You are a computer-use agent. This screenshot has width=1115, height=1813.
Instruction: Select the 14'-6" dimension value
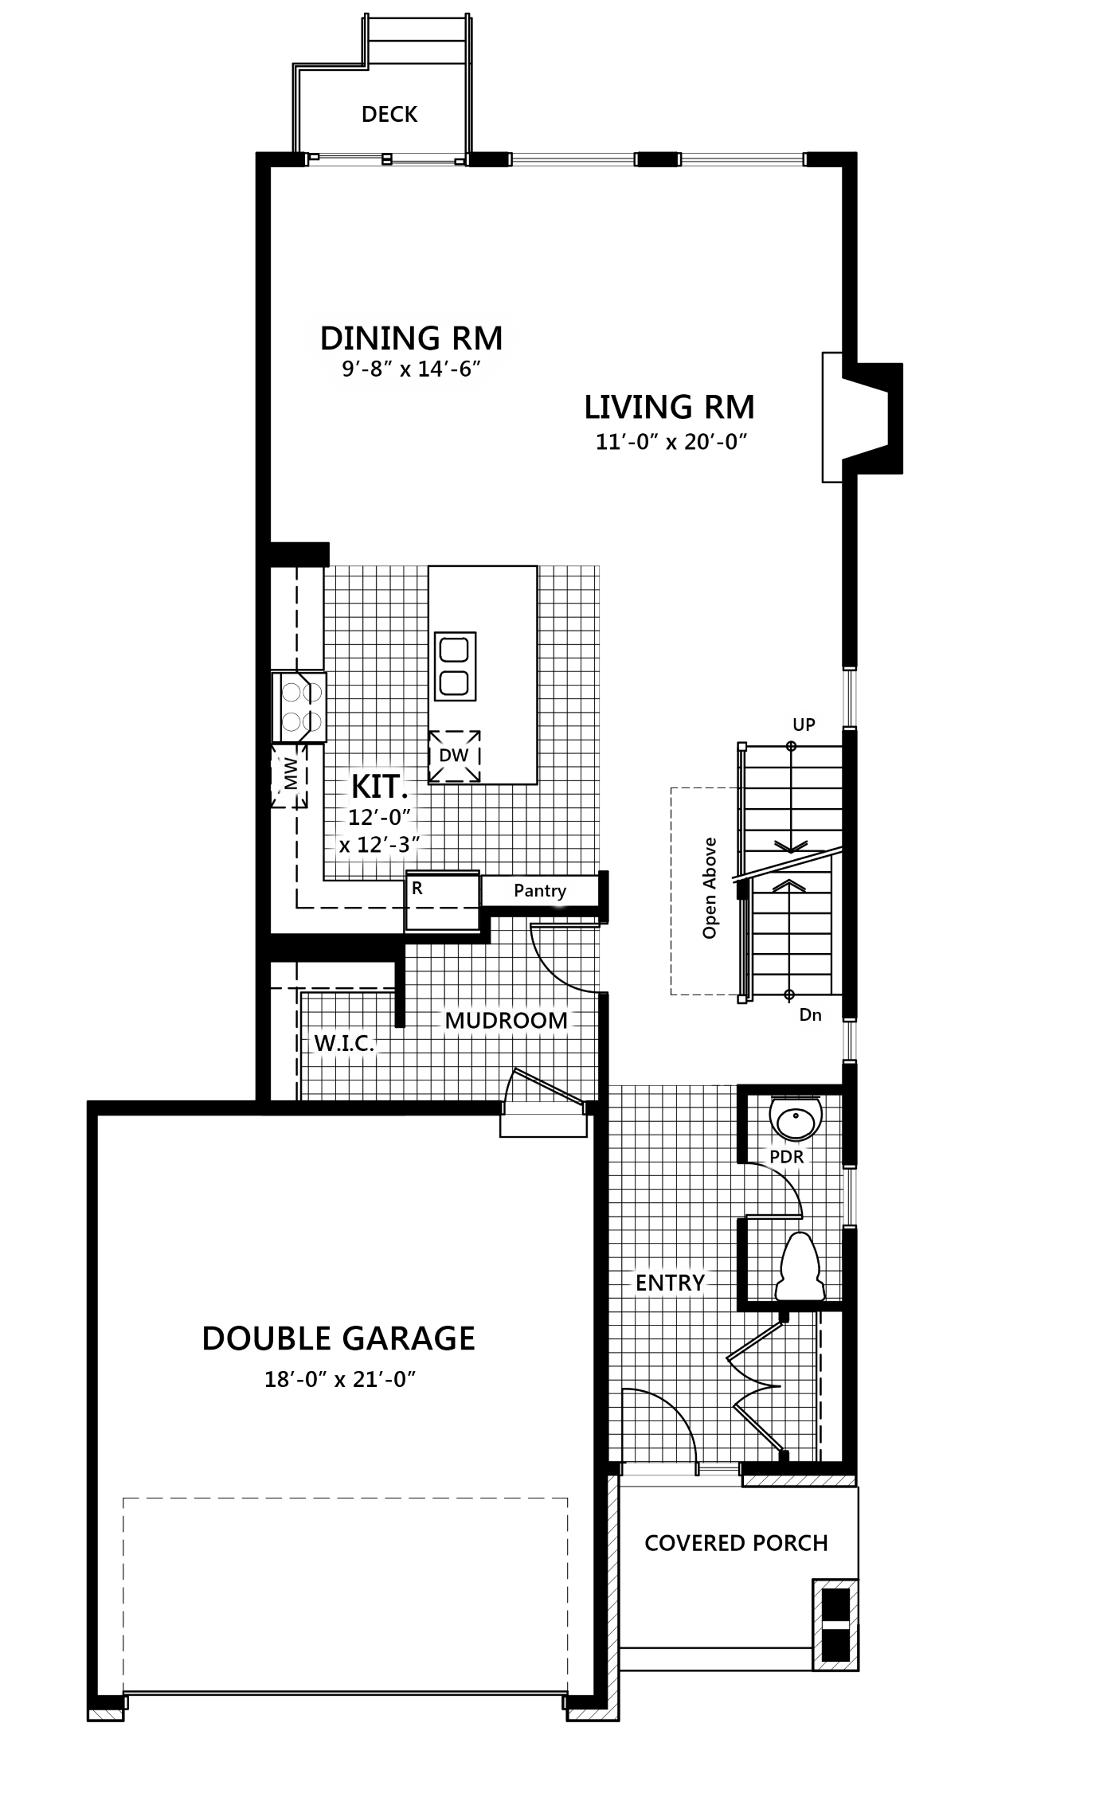click(x=449, y=369)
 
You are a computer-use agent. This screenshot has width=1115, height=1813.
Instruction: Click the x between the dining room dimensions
click(x=405, y=371)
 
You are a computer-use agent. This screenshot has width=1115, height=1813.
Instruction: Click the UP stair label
click(x=804, y=725)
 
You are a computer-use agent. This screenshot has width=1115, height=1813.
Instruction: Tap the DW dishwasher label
click(x=454, y=755)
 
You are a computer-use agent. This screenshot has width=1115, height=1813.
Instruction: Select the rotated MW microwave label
click(x=291, y=773)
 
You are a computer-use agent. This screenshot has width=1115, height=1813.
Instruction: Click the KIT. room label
click(x=379, y=787)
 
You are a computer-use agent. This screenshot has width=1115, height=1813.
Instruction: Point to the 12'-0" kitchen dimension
click(x=378, y=818)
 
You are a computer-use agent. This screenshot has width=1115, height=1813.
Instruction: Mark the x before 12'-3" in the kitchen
click(x=345, y=846)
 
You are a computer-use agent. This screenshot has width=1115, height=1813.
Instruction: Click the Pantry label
click(x=539, y=890)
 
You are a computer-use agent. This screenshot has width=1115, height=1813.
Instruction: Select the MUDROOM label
click(x=506, y=1020)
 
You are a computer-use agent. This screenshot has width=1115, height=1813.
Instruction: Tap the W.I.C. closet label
click(x=344, y=1043)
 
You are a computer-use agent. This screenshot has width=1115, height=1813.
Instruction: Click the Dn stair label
click(x=810, y=1014)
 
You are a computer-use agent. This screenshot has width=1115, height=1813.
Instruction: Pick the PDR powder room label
click(x=787, y=1157)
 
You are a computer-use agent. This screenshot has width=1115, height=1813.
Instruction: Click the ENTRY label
click(x=670, y=1283)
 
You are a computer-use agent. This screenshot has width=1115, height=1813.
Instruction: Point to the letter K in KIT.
click(x=361, y=787)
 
